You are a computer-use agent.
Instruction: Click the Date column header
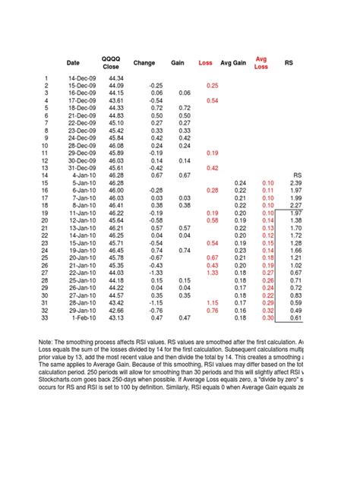click(73, 62)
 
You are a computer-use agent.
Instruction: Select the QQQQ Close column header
click(111, 62)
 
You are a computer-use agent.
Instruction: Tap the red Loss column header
click(206, 62)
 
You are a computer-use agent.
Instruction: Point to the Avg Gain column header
click(232, 62)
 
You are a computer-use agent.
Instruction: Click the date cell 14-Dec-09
click(80, 78)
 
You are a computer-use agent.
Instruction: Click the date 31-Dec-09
click(80, 168)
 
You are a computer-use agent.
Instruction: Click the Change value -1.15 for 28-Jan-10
click(154, 302)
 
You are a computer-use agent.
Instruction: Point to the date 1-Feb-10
click(81, 317)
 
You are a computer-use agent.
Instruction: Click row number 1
click(46, 78)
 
